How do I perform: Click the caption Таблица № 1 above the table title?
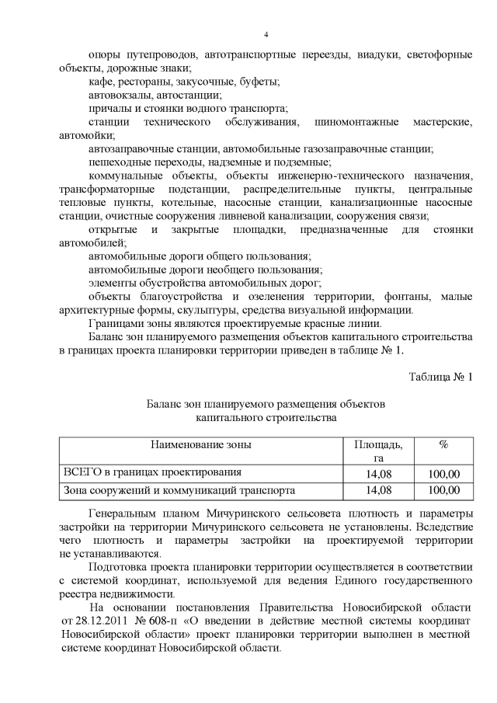pyautogui.click(x=440, y=378)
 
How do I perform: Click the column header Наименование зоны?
pyautogui.click(x=201, y=445)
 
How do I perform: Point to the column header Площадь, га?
pyautogui.click(x=378, y=451)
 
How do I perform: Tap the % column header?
pyautogui.click(x=444, y=445)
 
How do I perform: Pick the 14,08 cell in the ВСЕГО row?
pyautogui.click(x=378, y=472)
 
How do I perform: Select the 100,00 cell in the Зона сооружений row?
pyautogui.click(x=444, y=490)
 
